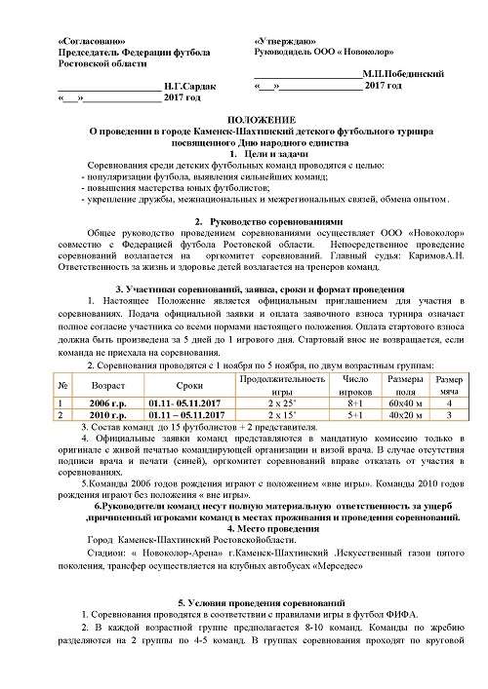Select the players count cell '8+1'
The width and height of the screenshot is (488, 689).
[355, 402]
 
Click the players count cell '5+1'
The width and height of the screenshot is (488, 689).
[355, 414]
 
